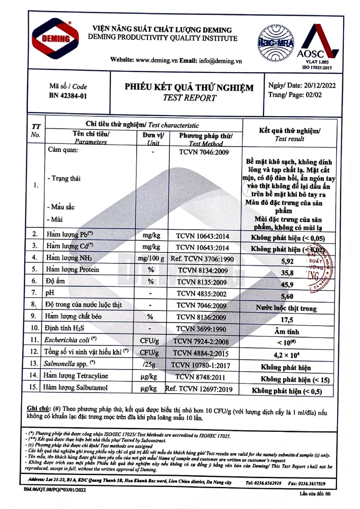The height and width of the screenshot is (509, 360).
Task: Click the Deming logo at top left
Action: pos(56,39)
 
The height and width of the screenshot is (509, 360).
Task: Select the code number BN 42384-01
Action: pos(68,96)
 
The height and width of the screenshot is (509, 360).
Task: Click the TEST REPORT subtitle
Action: pos(189,98)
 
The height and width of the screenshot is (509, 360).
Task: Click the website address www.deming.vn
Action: pos(156,61)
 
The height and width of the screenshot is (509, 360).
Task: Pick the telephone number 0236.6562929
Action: pos(269,483)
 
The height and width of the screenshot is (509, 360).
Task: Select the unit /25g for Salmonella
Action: pos(149,364)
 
